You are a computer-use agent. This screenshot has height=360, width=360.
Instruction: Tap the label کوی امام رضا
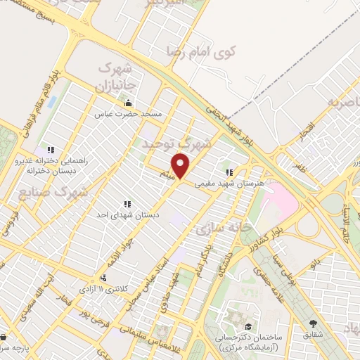(201, 51)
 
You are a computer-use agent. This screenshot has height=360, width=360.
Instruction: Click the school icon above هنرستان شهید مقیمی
(229, 172)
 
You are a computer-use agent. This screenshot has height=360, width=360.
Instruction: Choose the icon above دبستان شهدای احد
(127, 205)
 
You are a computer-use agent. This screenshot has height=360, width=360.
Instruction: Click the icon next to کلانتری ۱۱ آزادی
(103, 279)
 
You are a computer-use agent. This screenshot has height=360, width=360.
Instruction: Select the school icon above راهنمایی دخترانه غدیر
(50, 150)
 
